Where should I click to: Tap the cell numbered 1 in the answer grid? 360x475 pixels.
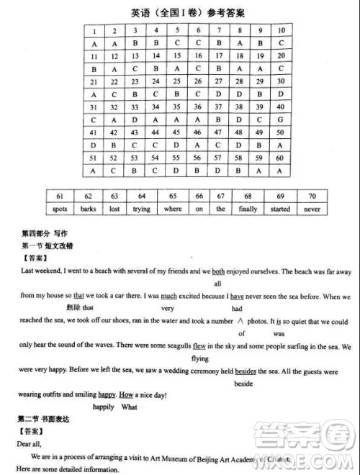point(94,30)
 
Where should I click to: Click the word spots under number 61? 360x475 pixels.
point(60,209)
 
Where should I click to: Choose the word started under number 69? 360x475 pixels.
point(281,209)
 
